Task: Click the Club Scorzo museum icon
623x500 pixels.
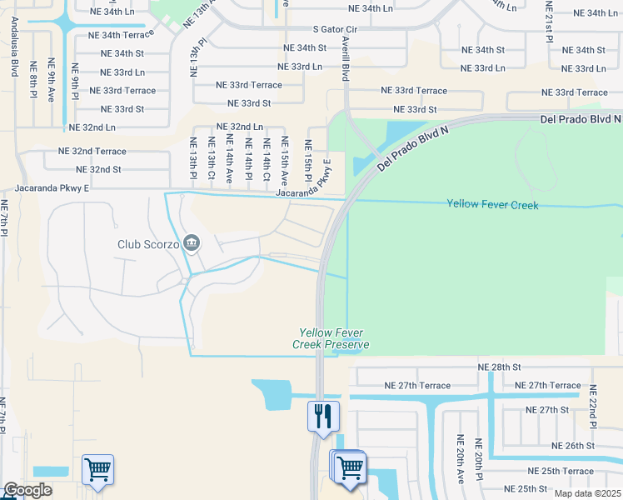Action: tap(192, 243)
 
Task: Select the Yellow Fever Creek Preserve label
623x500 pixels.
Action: tap(331, 337)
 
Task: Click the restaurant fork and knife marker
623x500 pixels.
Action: tap(323, 414)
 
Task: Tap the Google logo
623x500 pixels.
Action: tap(28, 490)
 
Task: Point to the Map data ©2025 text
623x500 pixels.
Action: tap(587, 493)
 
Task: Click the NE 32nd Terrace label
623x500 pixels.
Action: tap(92, 152)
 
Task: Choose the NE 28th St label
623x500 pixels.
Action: tap(499, 367)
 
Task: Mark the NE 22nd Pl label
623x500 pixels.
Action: tap(593, 407)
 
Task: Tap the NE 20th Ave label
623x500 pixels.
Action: tap(459, 459)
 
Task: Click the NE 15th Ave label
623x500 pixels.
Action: tap(285, 160)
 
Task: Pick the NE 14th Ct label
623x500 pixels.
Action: tap(267, 160)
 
